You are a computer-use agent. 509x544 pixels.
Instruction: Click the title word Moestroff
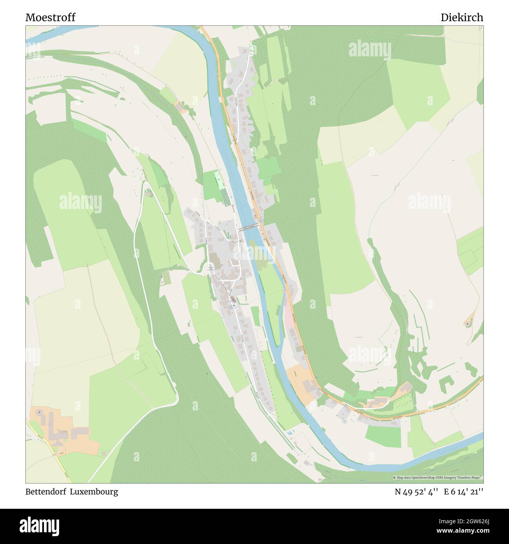(x=51, y=18)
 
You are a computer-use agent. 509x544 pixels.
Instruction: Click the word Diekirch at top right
(x=462, y=18)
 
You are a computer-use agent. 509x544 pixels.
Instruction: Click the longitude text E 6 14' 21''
(x=464, y=492)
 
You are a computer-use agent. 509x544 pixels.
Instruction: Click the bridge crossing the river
(x=248, y=227)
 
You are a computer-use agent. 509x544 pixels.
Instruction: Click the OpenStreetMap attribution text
(x=438, y=477)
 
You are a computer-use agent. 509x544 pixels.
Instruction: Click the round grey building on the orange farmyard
(x=39, y=412)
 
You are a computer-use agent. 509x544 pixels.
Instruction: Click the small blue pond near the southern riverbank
(x=290, y=433)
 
